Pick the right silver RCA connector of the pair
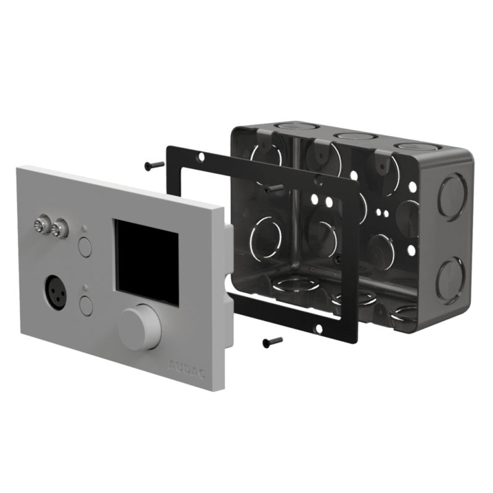(59, 230)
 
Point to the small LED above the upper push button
(84, 230)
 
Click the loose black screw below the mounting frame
(272, 340)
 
